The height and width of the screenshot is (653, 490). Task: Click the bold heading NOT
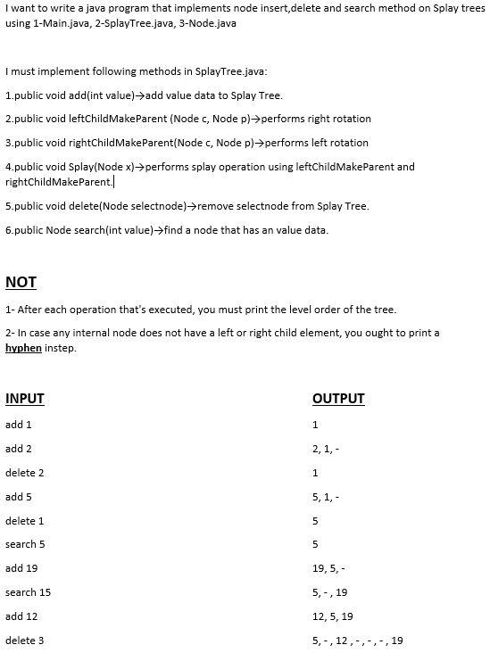tap(21, 282)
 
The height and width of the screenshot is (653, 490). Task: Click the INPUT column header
tap(24, 399)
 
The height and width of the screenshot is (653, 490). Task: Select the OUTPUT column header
tap(338, 399)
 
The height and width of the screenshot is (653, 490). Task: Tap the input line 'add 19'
tap(21, 568)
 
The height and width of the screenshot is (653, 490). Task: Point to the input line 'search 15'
tap(28, 592)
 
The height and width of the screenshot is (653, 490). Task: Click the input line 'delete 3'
tap(25, 641)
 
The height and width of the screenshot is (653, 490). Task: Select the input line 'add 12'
tap(21, 616)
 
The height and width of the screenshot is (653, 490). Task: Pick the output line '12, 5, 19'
tap(333, 616)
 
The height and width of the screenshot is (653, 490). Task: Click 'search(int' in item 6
tap(99, 230)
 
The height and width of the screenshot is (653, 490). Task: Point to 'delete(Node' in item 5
tap(99, 206)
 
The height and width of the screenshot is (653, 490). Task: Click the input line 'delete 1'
tap(25, 520)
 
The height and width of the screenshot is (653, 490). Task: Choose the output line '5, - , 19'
tap(330, 592)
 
